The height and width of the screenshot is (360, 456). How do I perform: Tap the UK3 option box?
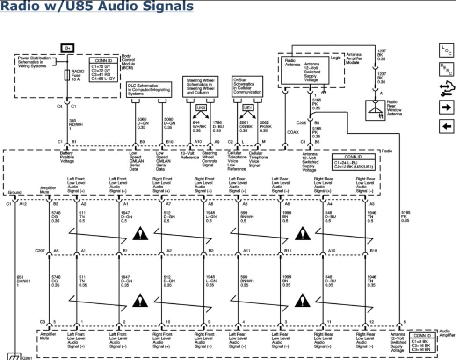pyautogui.click(x=201, y=108)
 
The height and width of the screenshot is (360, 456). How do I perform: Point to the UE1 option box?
pyautogui.click(x=248, y=108)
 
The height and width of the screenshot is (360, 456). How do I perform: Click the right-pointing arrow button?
pyautogui.click(x=446, y=108)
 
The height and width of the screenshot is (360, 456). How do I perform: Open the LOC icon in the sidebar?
pyautogui.click(x=446, y=51)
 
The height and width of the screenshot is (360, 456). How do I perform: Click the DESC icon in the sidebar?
pyautogui.click(x=446, y=70)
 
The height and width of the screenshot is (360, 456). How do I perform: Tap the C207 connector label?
pyautogui.click(x=40, y=251)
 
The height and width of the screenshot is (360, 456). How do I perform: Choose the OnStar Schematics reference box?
pyautogui.click(x=247, y=86)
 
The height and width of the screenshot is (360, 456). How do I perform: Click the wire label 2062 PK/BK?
pyautogui.click(x=266, y=126)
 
